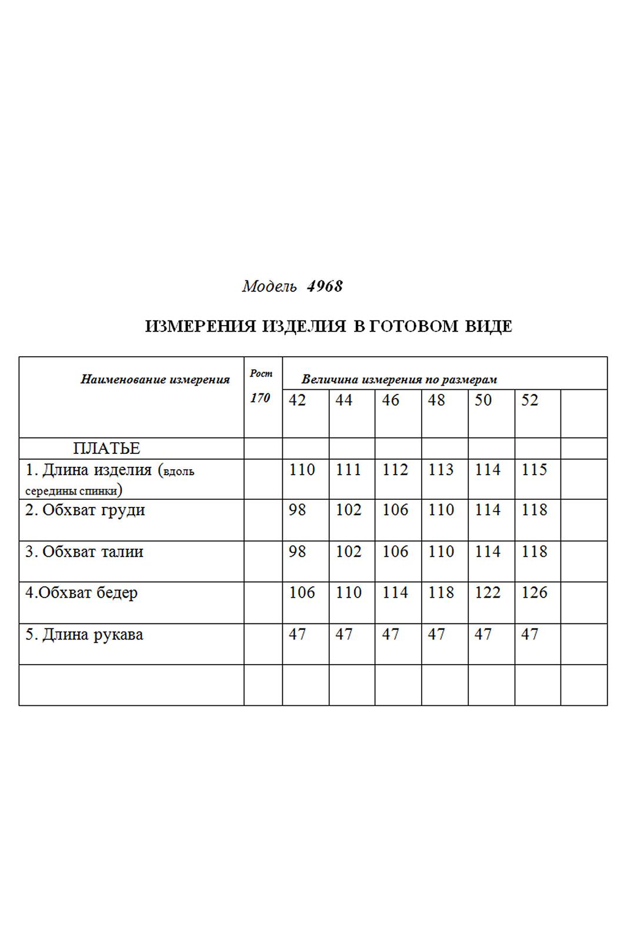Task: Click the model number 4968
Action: click(x=325, y=287)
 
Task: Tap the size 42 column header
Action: click(x=298, y=400)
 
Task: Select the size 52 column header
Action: click(x=530, y=400)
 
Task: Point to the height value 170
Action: click(x=260, y=398)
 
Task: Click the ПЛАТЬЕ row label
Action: click(x=106, y=449)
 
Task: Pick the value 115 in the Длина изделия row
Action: click(x=534, y=470)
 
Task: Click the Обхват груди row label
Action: click(x=85, y=510)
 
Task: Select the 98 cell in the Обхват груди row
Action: click(x=298, y=510)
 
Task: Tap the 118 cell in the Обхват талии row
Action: click(x=534, y=552)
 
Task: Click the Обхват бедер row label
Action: click(x=82, y=593)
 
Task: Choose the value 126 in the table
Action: click(x=534, y=593)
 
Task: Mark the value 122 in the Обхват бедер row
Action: click(x=488, y=593)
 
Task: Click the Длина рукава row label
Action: click(x=85, y=635)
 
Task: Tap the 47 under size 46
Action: click(x=391, y=635)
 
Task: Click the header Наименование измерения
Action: click(x=155, y=380)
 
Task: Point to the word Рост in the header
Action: click(x=261, y=373)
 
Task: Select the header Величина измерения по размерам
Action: click(x=399, y=380)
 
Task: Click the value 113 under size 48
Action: click(x=441, y=470)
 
